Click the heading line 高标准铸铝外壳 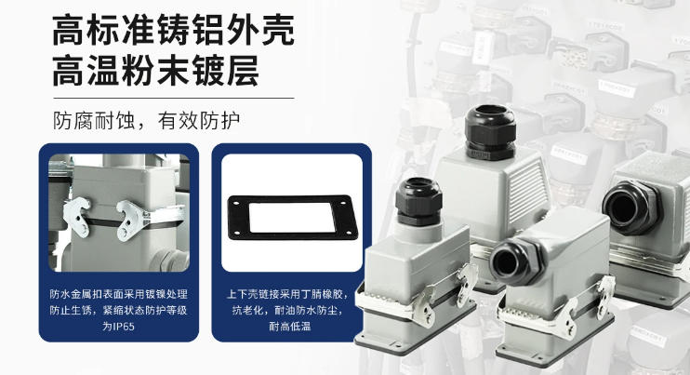click(173, 31)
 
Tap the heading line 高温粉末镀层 click(156, 71)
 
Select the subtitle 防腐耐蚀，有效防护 click(147, 121)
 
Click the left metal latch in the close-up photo click(77, 217)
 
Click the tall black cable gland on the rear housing click(490, 132)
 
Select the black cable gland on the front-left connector click(418, 202)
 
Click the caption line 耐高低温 click(290, 327)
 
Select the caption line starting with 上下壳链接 click(290, 294)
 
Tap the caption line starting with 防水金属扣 click(119, 294)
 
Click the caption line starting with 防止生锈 click(119, 310)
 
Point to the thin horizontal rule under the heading click(173, 98)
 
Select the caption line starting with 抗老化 click(290, 310)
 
